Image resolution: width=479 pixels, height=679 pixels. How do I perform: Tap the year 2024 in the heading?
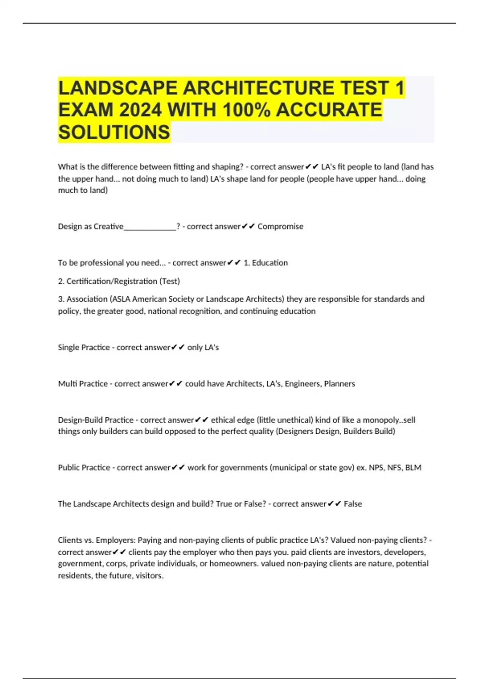140,110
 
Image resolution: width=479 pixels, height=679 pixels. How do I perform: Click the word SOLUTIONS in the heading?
114,132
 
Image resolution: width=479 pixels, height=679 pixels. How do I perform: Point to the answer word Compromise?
280,226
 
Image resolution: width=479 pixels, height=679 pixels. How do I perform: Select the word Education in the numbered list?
270,263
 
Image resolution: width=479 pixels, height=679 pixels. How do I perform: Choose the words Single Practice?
84,347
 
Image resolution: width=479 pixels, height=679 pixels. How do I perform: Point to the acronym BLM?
413,468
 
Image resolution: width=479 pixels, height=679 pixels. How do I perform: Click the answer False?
353,504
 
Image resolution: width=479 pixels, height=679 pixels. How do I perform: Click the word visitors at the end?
149,576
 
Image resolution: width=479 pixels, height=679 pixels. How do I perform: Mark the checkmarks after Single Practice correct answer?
178,347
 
